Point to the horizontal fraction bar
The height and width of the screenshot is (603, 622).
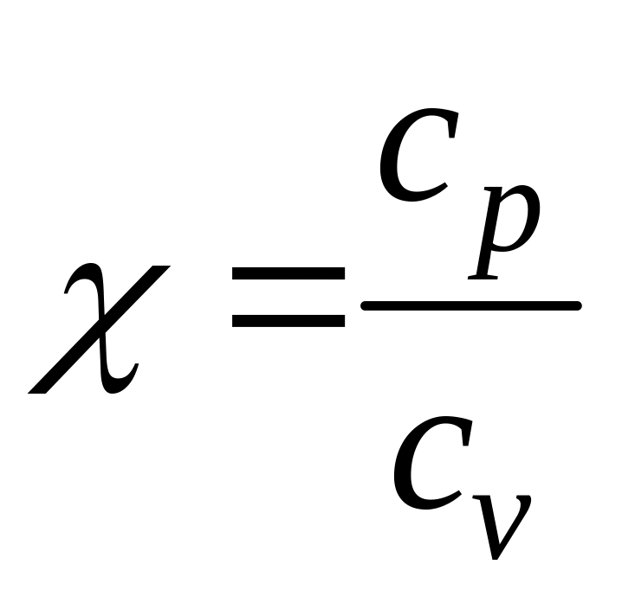[x=470, y=305]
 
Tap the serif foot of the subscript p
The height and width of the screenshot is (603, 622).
[x=482, y=277]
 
